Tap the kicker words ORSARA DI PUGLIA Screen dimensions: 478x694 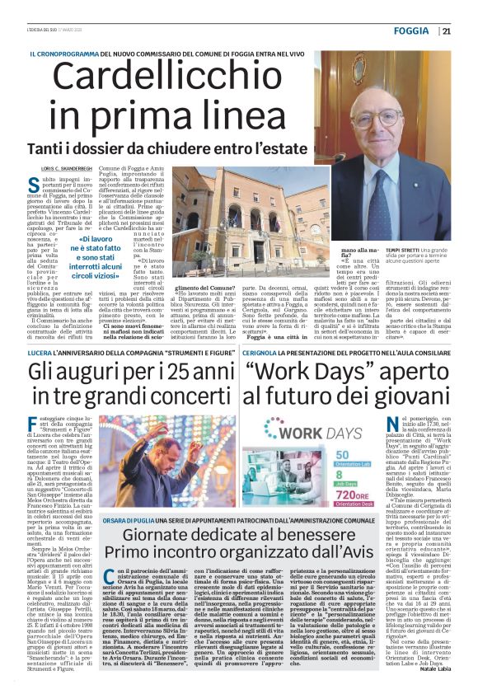[x=129, y=524]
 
